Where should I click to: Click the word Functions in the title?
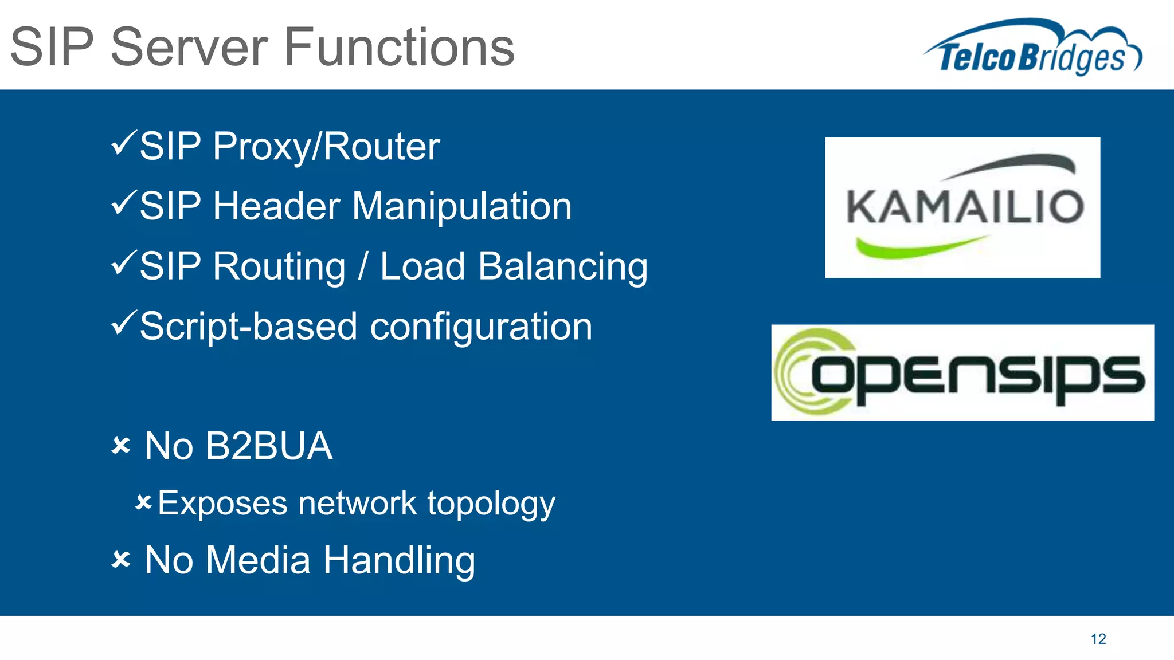(400, 47)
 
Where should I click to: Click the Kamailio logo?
(962, 207)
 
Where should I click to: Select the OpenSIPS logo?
(962, 372)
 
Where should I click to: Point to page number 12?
(1098, 639)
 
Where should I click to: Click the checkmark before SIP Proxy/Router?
(124, 143)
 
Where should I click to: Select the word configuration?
(481, 327)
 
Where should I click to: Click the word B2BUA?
(269, 446)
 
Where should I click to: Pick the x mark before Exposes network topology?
(143, 503)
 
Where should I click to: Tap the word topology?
(491, 504)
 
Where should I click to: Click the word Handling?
(399, 560)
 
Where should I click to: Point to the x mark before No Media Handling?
(122, 559)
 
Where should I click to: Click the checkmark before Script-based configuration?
(124, 323)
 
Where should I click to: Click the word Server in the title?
(189, 47)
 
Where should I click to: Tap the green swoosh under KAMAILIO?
(917, 247)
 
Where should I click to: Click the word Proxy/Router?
(326, 147)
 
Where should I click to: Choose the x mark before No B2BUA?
(122, 445)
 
